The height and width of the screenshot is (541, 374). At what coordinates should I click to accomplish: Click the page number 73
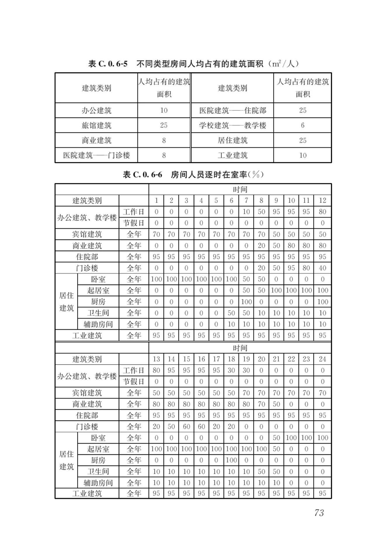pyautogui.click(x=319, y=513)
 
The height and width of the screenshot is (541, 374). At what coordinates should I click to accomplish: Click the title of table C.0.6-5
pyautogui.click(x=193, y=64)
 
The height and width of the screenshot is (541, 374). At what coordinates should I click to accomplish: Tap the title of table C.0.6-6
pyautogui.click(x=193, y=175)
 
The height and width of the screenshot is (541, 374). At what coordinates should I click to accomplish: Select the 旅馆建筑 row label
pyautogui.click(x=96, y=126)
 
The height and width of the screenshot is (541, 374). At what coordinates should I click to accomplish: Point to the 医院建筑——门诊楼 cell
pyautogui.click(x=96, y=155)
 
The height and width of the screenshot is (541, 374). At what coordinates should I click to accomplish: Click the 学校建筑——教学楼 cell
pyautogui.click(x=233, y=126)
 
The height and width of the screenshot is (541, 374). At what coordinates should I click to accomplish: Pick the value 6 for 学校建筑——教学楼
pyautogui.click(x=302, y=126)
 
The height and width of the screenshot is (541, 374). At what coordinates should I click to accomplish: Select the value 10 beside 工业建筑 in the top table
pyautogui.click(x=302, y=155)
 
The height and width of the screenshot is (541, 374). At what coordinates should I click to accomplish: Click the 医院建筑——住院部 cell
pyautogui.click(x=233, y=111)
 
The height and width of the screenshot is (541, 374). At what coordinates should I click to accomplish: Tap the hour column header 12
pyautogui.click(x=322, y=201)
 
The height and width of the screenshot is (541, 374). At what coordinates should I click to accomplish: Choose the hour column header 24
pyautogui.click(x=322, y=359)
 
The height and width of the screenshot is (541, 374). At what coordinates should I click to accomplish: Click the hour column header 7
pyautogui.click(x=246, y=201)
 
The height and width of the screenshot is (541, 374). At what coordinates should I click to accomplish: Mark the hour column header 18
pyautogui.click(x=231, y=359)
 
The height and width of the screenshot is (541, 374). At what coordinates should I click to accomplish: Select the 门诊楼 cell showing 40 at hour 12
pyautogui.click(x=322, y=268)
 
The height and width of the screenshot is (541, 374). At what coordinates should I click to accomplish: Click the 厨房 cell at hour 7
pyautogui.click(x=246, y=302)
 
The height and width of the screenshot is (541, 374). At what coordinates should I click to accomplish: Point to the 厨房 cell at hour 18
pyautogui.click(x=231, y=460)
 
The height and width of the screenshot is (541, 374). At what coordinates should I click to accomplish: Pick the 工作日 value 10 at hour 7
pyautogui.click(x=246, y=212)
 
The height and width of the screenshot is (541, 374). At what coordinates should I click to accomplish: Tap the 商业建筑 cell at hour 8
pyautogui.click(x=261, y=246)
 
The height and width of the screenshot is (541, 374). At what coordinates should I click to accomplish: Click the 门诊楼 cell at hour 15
pyautogui.click(x=186, y=427)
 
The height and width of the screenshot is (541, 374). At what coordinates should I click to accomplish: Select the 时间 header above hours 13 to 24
pyautogui.click(x=240, y=348)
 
